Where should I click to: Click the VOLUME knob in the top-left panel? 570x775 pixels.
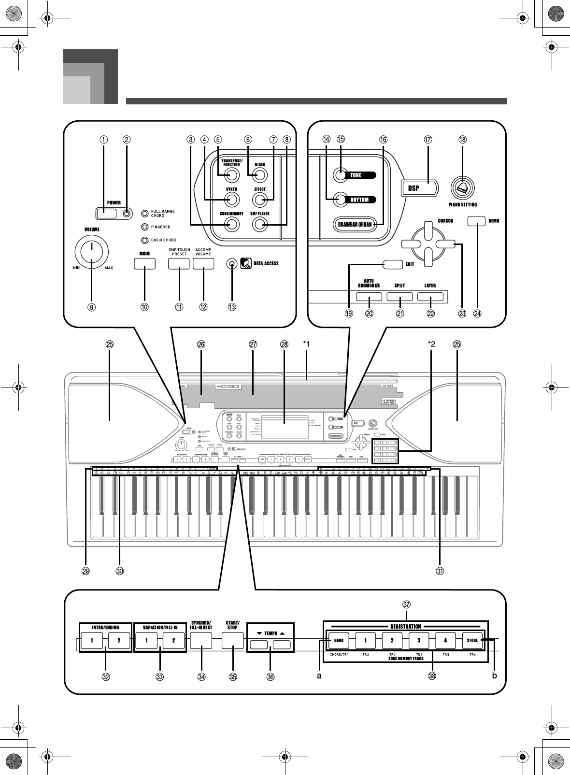(91, 251)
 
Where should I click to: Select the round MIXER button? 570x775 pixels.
(260, 175)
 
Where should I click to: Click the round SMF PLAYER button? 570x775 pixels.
(260, 224)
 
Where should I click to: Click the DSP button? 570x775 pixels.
(419, 188)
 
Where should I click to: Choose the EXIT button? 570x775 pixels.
(392, 264)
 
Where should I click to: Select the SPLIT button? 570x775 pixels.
(399, 297)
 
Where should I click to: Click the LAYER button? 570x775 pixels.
(430, 297)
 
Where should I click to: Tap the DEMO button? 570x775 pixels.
(476, 221)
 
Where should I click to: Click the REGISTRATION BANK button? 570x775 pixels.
(339, 641)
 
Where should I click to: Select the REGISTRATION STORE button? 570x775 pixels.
(472, 641)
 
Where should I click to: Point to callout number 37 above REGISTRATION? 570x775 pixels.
(407, 604)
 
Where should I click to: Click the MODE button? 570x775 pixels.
(144, 264)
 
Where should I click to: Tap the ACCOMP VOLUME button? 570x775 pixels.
(203, 264)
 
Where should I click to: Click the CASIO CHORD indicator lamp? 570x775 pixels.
(144, 240)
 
